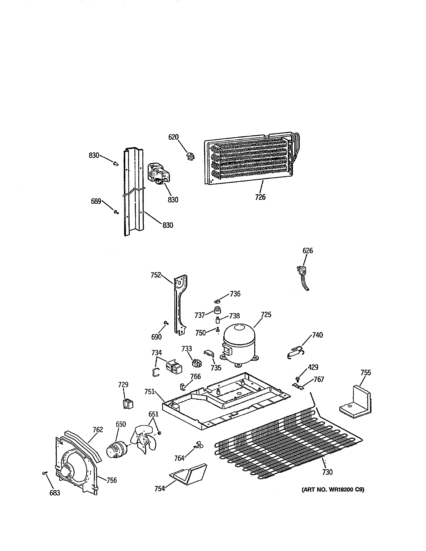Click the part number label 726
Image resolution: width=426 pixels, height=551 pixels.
coord(260,197)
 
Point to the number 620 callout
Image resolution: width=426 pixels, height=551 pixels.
coord(173,137)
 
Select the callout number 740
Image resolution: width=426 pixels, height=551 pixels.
coord(317,335)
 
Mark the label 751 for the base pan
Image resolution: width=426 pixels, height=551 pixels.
coord(149,392)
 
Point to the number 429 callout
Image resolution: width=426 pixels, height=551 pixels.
coord(313,367)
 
